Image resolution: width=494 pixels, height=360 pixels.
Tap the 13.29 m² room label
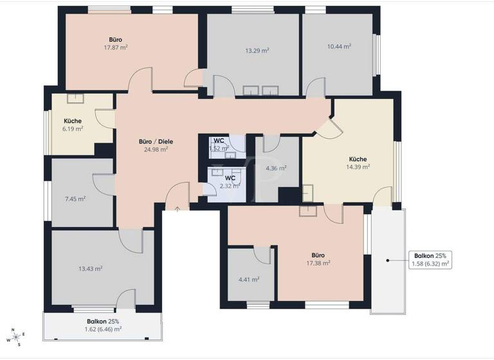257,50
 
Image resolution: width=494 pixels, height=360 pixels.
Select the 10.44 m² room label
339,46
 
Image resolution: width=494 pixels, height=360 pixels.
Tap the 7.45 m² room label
75,199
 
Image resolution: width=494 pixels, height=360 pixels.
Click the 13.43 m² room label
91,269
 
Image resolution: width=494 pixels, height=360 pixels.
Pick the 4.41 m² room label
249,279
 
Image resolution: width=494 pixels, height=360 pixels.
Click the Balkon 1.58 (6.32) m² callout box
430,260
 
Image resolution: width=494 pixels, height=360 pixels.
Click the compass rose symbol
16,337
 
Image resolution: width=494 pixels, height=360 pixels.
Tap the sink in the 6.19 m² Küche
76,99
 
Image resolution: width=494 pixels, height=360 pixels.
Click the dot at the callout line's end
387,260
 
